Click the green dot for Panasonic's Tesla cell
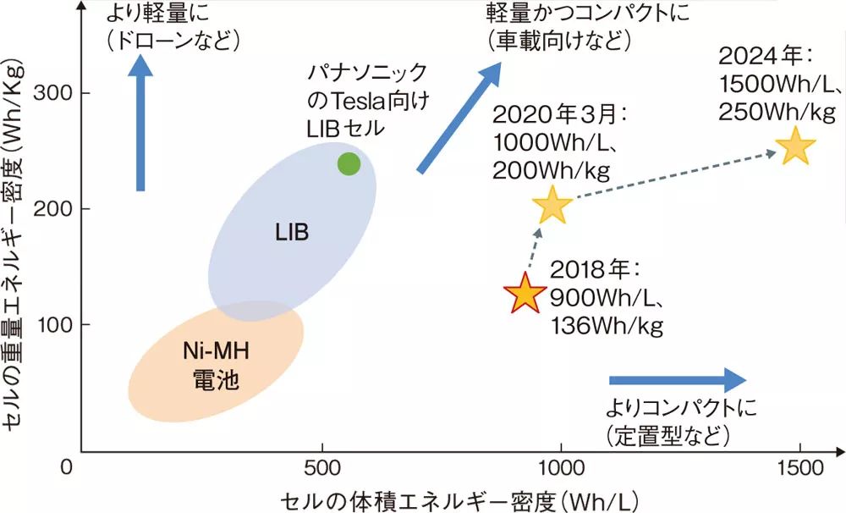(x=349, y=164)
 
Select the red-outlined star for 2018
(x=525, y=294)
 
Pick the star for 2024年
(x=795, y=146)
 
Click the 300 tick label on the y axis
(x=53, y=92)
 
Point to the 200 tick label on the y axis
(x=53, y=208)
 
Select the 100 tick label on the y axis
(x=53, y=325)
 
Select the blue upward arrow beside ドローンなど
(x=140, y=127)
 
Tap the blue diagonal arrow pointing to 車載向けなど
(x=461, y=119)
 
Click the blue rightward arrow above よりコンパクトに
(x=678, y=380)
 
